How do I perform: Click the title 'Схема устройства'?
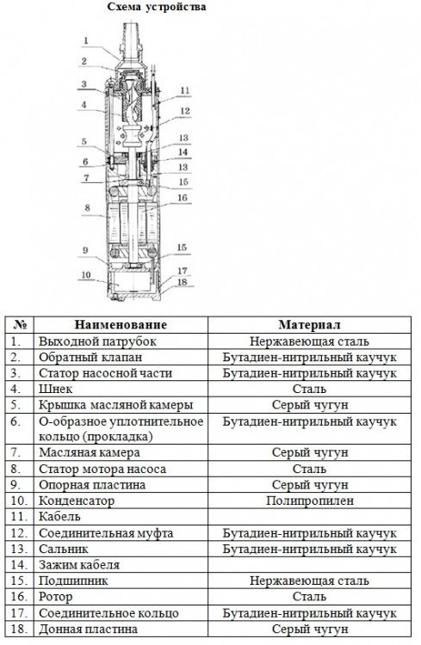[x=157, y=7]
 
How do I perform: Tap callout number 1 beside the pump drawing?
[x=86, y=40]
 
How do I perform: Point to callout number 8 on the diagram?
[x=87, y=208]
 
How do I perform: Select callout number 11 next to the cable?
[x=185, y=90]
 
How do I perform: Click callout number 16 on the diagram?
[x=182, y=198]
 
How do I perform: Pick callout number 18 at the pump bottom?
[x=182, y=282]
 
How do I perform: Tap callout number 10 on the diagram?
[x=86, y=274]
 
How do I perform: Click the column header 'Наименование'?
[x=121, y=324]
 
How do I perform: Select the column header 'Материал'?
[x=309, y=324]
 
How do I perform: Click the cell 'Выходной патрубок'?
[x=97, y=341]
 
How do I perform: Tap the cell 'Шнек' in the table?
[x=56, y=389]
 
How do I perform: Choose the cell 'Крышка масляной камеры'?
[x=115, y=405]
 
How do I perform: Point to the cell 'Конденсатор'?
[x=77, y=501]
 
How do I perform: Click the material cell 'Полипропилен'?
[x=310, y=501]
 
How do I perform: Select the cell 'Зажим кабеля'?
[x=79, y=565]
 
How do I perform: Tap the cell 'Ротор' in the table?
[x=56, y=597]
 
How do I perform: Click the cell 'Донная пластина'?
[x=88, y=629]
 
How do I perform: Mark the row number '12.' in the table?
[x=19, y=533]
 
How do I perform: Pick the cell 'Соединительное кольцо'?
[x=108, y=613]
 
